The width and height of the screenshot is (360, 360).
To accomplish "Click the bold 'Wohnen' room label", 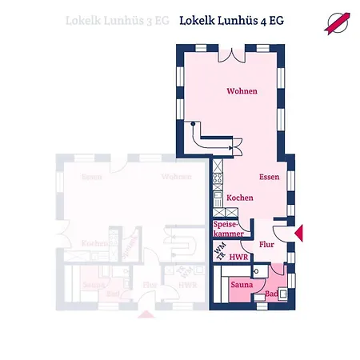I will point(241,91).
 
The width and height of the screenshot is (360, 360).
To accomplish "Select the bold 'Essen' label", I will point(269,177).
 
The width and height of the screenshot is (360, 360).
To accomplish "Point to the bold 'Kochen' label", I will point(240,198).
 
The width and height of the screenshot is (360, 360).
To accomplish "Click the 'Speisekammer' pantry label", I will point(225,230).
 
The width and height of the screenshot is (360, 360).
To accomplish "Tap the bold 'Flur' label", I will point(267,246).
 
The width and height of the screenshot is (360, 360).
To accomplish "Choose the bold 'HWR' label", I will point(238,258).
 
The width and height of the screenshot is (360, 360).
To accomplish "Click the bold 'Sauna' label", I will point(242,285).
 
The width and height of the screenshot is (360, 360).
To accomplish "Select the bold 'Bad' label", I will point(271,295).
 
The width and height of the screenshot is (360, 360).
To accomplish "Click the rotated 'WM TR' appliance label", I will point(219,253).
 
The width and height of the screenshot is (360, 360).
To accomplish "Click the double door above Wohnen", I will point(231,52).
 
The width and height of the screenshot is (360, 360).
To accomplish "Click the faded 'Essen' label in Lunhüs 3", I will point(90,177).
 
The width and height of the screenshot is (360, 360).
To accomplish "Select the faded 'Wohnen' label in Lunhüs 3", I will point(176,177).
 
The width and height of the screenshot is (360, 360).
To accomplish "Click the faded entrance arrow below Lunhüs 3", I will point(146,314).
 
